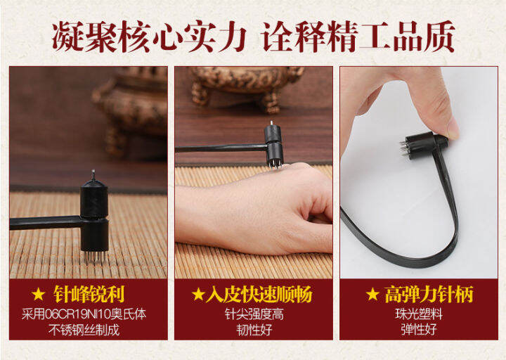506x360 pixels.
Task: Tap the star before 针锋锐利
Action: tap(39, 294)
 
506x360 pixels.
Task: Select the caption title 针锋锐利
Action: tap(98, 294)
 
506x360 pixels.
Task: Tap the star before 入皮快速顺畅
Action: tap(198, 294)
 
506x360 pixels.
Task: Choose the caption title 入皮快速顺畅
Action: tap(259, 294)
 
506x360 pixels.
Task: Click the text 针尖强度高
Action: tap(253, 314)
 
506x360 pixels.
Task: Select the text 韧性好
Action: tap(253, 329)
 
